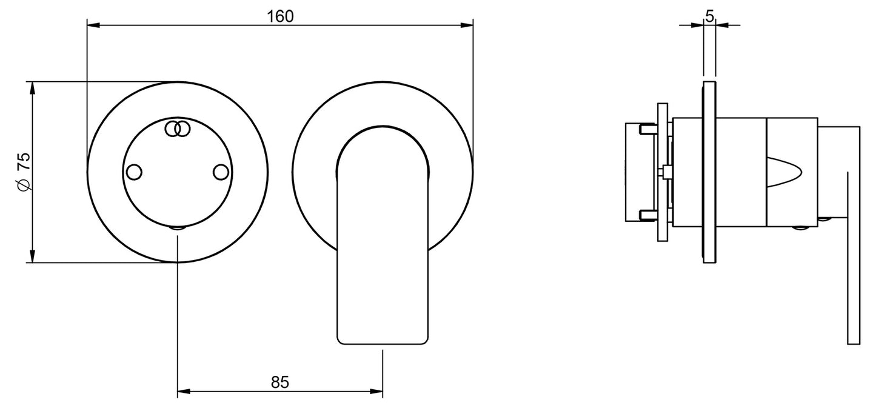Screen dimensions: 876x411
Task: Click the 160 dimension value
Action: coord(280,16)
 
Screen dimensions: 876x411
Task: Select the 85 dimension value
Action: coord(280,382)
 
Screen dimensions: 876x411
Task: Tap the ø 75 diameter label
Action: coord(24,172)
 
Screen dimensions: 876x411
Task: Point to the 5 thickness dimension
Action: coord(710,16)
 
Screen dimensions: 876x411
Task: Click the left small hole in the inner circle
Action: coord(134,172)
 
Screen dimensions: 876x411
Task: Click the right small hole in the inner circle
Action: coord(221,172)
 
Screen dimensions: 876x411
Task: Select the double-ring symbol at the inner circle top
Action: coord(178,129)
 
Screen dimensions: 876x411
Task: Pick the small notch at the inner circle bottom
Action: coord(178,228)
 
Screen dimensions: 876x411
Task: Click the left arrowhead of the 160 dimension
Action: coord(93,25)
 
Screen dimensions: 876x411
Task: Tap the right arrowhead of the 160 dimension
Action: coord(467,25)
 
